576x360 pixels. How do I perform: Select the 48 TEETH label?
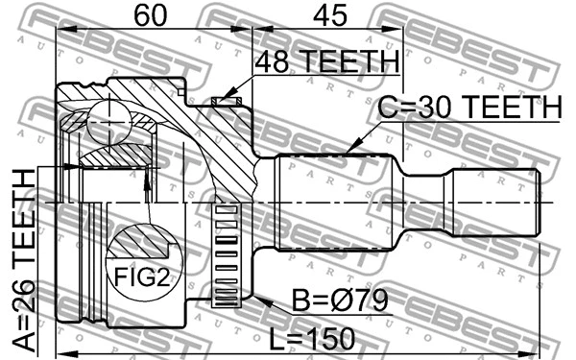(326, 61)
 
